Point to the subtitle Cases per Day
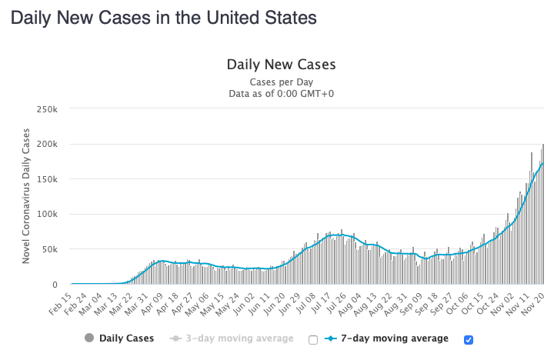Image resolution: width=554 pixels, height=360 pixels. [x=281, y=82]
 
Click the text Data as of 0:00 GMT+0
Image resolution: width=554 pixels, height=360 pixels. [x=281, y=94]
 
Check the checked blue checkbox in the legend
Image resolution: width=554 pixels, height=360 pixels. [x=469, y=339]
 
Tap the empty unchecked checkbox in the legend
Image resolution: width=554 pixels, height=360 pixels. [x=312, y=339]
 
